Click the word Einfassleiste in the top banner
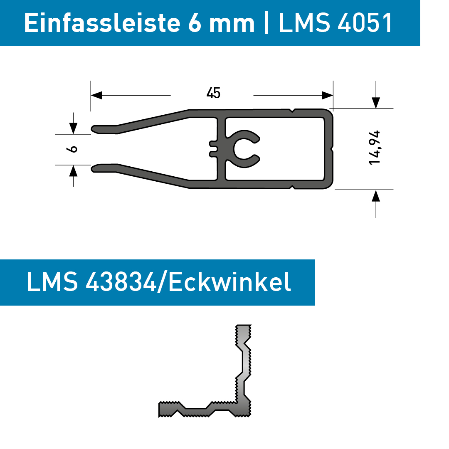102,23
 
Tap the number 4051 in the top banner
365,23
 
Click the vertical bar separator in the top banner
266,23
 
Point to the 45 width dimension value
213,93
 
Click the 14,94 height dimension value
374,148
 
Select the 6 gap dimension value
72,149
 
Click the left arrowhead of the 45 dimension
96,95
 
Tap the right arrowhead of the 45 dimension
327,95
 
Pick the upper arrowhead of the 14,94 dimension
376,103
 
